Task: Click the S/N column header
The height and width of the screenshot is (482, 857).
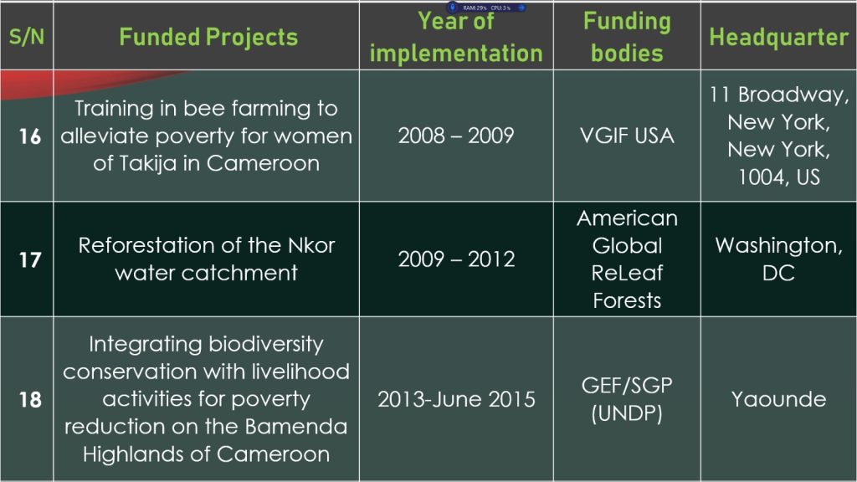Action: (x=26, y=37)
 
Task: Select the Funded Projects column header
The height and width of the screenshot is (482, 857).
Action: (x=208, y=37)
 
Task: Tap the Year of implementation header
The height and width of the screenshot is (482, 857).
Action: (x=456, y=37)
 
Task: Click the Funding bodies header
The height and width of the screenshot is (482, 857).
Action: (x=627, y=37)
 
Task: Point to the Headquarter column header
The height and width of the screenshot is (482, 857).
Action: (x=779, y=37)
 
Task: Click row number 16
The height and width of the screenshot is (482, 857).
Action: (x=30, y=136)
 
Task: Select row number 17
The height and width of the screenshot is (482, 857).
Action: (x=30, y=259)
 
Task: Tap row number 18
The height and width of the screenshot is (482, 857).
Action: (x=30, y=399)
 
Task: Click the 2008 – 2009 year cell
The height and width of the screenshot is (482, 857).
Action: (x=456, y=136)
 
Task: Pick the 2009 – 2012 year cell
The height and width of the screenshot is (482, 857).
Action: (x=456, y=259)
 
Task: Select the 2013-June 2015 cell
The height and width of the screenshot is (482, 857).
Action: (x=456, y=399)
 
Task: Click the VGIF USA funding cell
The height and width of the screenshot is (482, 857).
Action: (x=627, y=136)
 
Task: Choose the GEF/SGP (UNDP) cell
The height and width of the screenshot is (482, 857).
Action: (x=627, y=399)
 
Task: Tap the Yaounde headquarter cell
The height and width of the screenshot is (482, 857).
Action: (x=779, y=399)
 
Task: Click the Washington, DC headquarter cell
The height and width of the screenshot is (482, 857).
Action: (x=779, y=259)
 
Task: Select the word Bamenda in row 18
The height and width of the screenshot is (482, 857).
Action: (x=295, y=426)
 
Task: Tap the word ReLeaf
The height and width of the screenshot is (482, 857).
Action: (x=627, y=273)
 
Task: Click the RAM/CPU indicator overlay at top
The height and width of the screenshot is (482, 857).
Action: (x=486, y=8)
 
